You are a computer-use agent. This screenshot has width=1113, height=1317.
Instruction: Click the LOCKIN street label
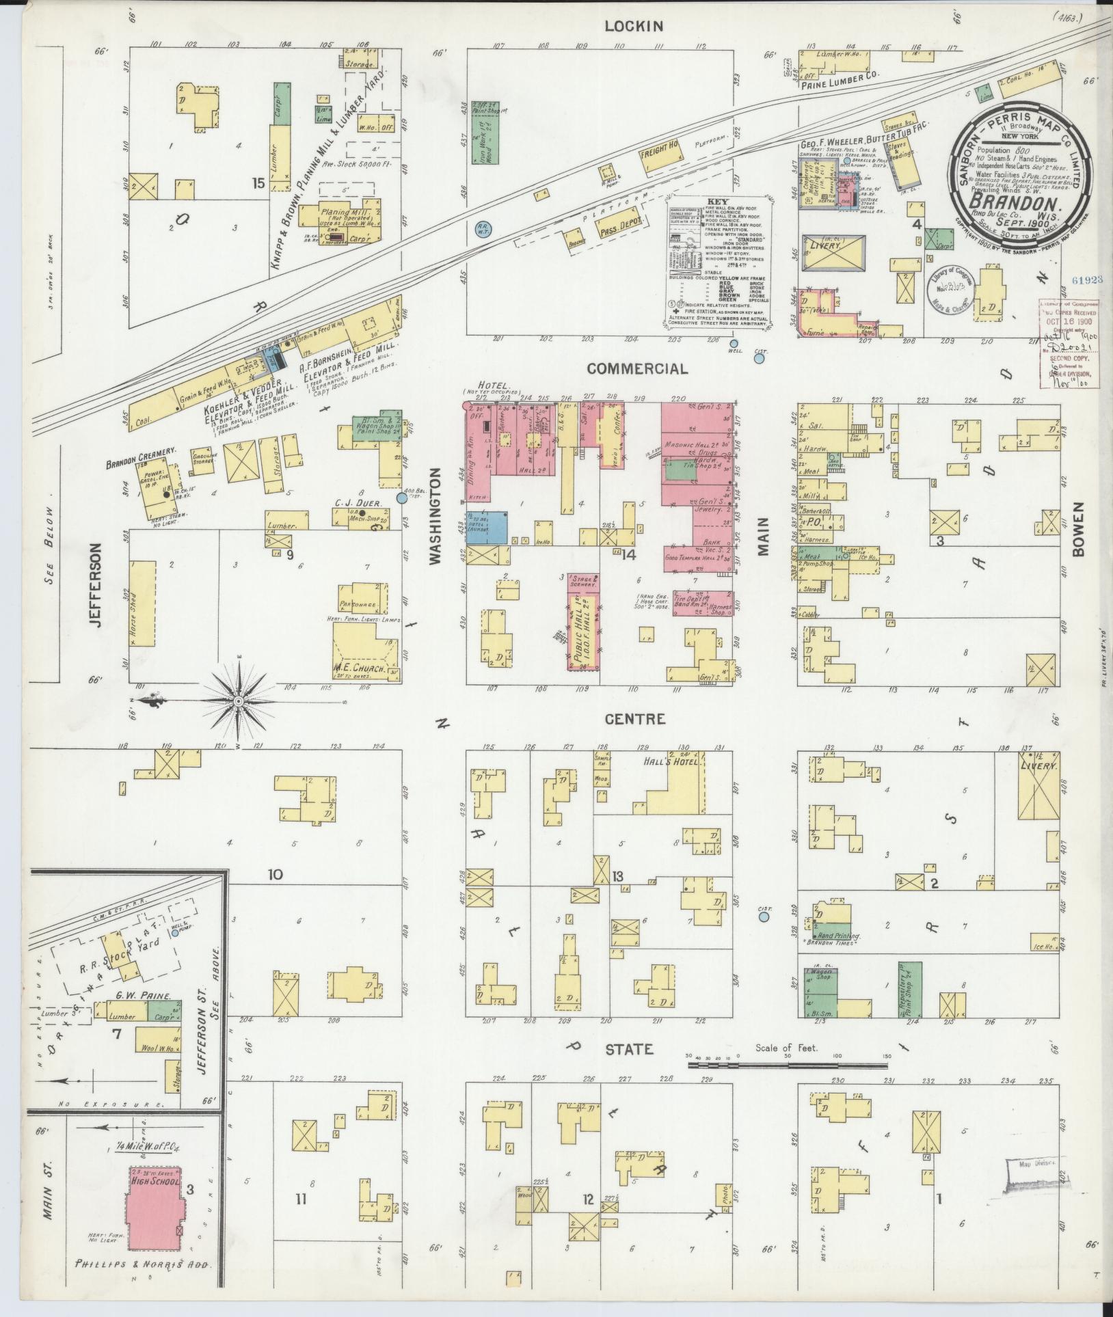pyautogui.click(x=634, y=27)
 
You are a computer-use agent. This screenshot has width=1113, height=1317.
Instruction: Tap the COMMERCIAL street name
pyautogui.click(x=636, y=369)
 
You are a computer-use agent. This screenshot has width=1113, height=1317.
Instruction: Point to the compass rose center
pyautogui.click(x=238, y=701)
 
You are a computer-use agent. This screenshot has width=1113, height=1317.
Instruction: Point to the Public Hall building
pyautogui.click(x=582, y=622)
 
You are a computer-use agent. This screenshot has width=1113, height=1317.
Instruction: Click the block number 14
pyautogui.click(x=628, y=555)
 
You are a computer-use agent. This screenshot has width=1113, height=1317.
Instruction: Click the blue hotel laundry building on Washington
pyautogui.click(x=486, y=526)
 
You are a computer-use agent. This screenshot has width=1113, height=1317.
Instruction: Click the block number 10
pyautogui.click(x=275, y=874)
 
